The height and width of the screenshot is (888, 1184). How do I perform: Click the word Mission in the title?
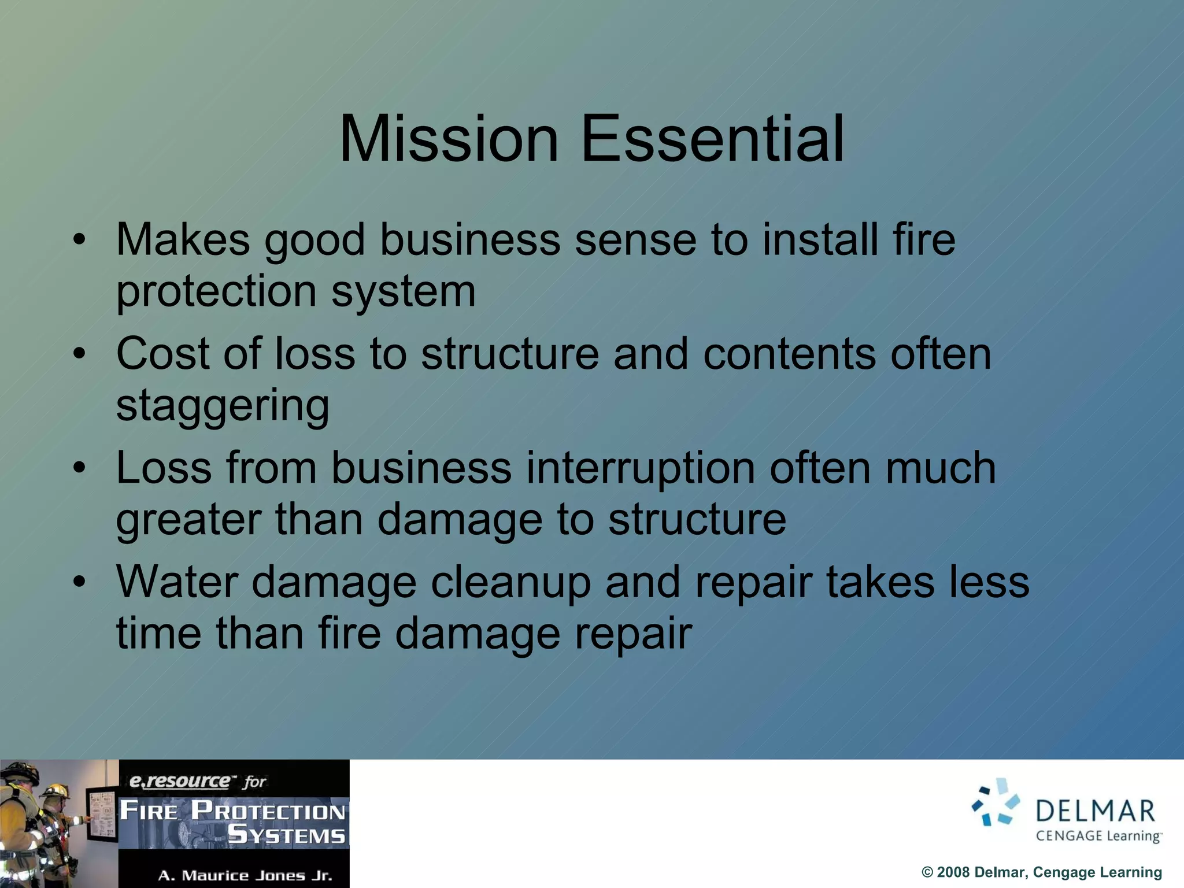[x=449, y=139]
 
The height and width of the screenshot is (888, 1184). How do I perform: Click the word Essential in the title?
[x=712, y=139]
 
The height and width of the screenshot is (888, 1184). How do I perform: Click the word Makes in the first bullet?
[x=183, y=239]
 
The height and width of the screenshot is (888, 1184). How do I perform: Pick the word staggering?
[x=223, y=406]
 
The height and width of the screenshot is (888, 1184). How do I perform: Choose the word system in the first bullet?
[x=403, y=292]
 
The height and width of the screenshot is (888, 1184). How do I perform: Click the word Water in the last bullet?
[x=177, y=582]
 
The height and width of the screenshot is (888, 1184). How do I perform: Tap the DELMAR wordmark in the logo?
[x=1096, y=811]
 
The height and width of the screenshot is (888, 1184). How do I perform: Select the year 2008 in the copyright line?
[x=953, y=872]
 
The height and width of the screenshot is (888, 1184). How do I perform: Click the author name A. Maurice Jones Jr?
[x=245, y=875]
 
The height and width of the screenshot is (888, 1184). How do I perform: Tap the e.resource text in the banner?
[x=179, y=781]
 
